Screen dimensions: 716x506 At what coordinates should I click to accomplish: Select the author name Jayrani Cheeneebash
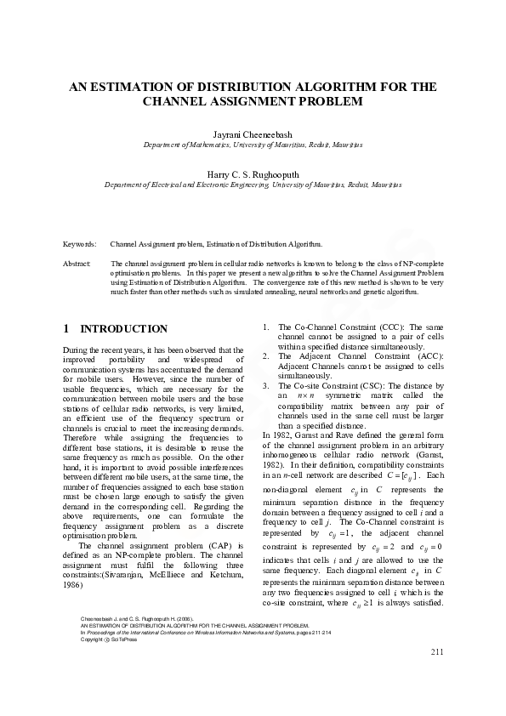253,134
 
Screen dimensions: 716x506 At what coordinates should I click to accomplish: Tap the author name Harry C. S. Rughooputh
253,173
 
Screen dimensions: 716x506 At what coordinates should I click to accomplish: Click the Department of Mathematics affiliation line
253,145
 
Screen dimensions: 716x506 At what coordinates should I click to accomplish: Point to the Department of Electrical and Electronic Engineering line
253,185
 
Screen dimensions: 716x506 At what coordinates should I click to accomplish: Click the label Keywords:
80,244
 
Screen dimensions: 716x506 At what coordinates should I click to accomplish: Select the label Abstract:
77,264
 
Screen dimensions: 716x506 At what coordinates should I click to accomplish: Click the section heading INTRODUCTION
123,329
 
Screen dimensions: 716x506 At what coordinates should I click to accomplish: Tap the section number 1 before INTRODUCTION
66,329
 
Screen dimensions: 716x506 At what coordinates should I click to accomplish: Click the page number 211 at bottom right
437,676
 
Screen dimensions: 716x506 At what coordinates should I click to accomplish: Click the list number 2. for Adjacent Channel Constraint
267,355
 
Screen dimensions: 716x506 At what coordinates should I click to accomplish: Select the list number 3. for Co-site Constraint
267,384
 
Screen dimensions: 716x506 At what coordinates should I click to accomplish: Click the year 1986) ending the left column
74,586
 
